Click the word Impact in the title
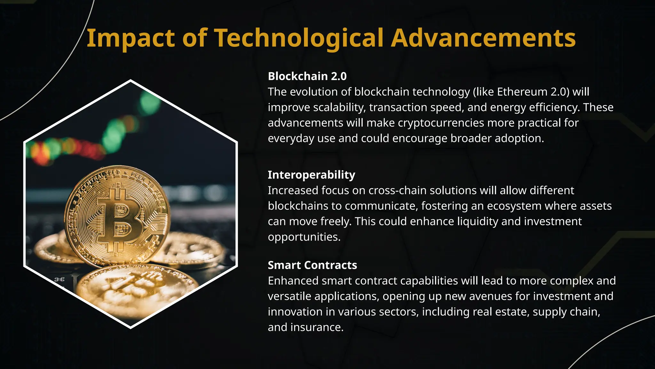click(x=131, y=38)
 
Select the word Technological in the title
click(x=299, y=38)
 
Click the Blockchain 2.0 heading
click(x=307, y=76)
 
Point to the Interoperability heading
click(x=311, y=175)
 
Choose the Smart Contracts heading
click(x=312, y=265)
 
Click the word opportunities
click(x=304, y=237)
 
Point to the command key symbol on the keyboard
click(x=59, y=279)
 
